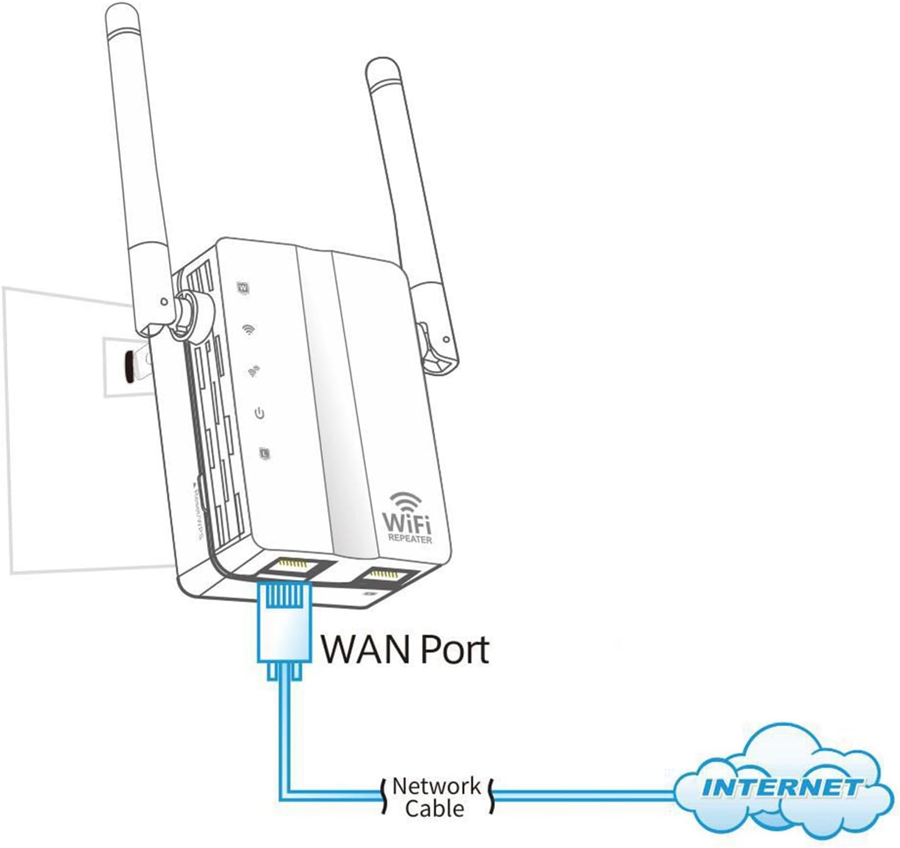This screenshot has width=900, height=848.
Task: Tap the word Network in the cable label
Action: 436,786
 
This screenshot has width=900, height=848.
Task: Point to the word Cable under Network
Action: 434,809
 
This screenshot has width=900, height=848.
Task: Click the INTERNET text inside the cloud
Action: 781,787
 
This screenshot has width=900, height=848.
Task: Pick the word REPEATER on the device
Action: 411,538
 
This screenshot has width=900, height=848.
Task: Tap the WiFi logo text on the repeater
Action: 407,523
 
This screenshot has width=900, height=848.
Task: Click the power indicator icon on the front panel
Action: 259,414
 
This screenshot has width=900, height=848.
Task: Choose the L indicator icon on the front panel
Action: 264,453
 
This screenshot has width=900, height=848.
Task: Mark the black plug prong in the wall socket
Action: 129,368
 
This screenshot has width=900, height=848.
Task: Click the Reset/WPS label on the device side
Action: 198,510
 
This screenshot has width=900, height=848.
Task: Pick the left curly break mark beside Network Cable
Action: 383,796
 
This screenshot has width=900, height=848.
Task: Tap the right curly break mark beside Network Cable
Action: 491,796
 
